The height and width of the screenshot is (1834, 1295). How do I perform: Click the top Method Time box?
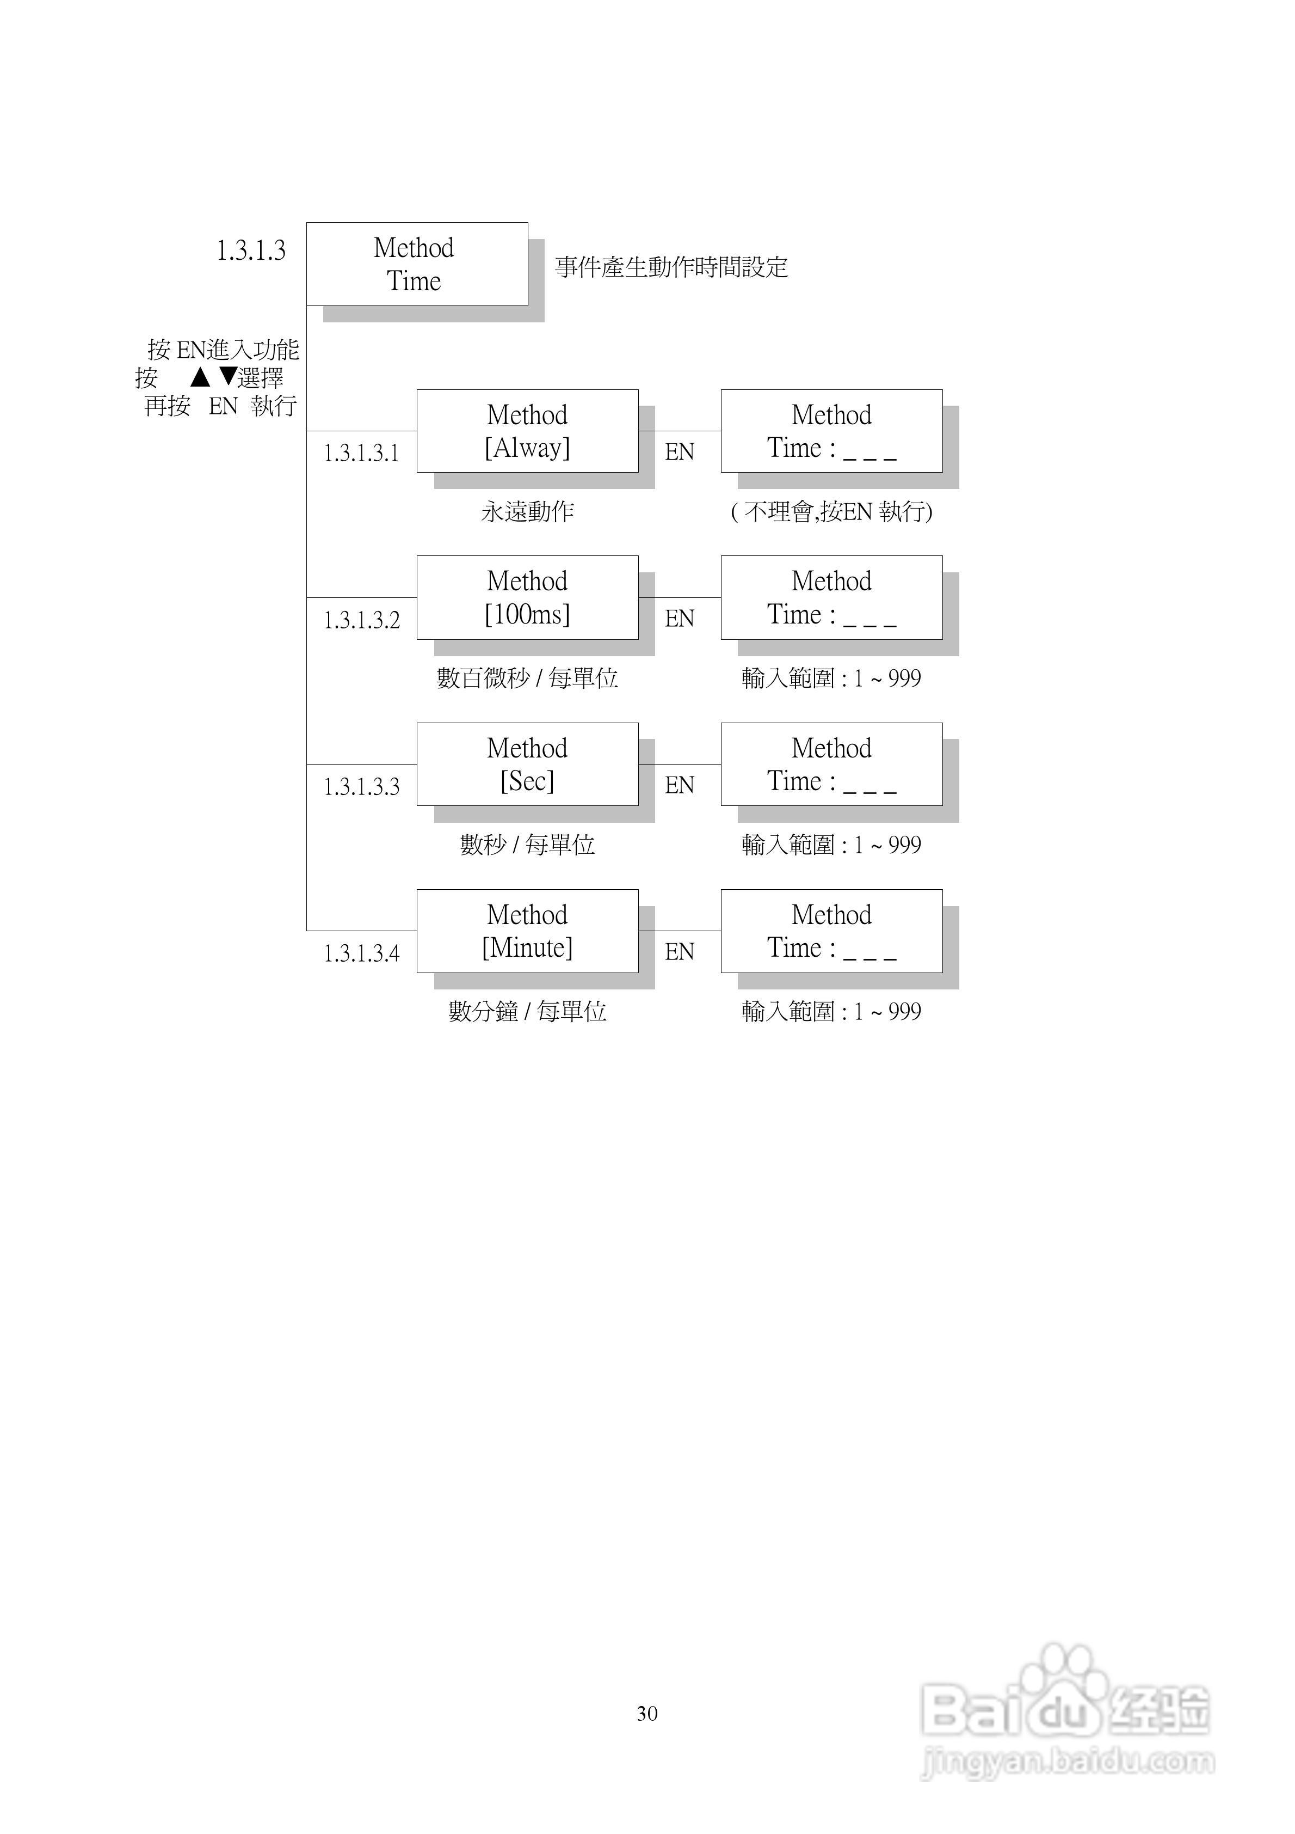coord(417,265)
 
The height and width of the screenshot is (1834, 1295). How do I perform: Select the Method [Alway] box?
coord(527,431)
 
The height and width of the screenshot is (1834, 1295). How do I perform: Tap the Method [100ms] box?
coord(527,597)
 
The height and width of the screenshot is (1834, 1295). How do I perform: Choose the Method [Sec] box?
coord(527,765)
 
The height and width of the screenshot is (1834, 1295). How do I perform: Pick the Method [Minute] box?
coord(527,931)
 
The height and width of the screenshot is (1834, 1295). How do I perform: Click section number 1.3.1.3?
coord(251,251)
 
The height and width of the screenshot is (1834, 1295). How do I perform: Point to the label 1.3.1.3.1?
coord(361,454)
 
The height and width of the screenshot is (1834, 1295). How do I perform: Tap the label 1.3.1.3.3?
coord(361,787)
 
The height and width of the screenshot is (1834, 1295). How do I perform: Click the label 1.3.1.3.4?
coord(361,953)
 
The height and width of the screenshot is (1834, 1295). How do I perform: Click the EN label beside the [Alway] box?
coord(680,452)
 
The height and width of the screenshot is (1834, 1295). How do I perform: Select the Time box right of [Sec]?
coord(831,765)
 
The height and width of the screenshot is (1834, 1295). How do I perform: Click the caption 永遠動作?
coord(527,511)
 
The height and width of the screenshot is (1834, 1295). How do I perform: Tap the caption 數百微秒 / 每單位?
coord(527,678)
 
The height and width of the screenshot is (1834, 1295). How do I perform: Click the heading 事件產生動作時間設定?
coord(671,267)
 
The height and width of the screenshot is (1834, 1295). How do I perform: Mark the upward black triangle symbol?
coord(200,376)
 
